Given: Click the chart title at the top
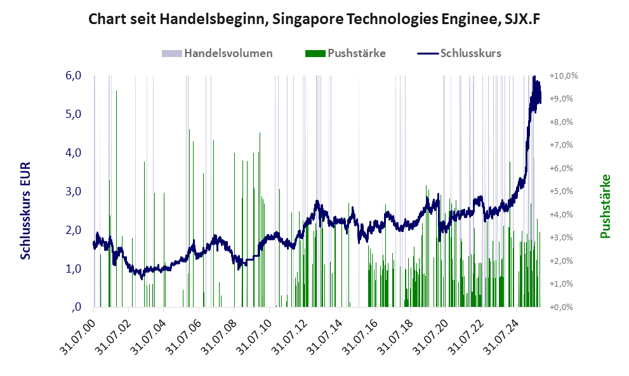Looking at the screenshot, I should [x=314, y=20].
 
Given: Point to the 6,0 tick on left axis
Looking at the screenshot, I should [x=74, y=75].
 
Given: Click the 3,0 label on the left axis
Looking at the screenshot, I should [x=74, y=191].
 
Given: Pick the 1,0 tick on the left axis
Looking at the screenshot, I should [x=74, y=269].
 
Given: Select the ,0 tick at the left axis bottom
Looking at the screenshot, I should [x=76, y=308].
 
